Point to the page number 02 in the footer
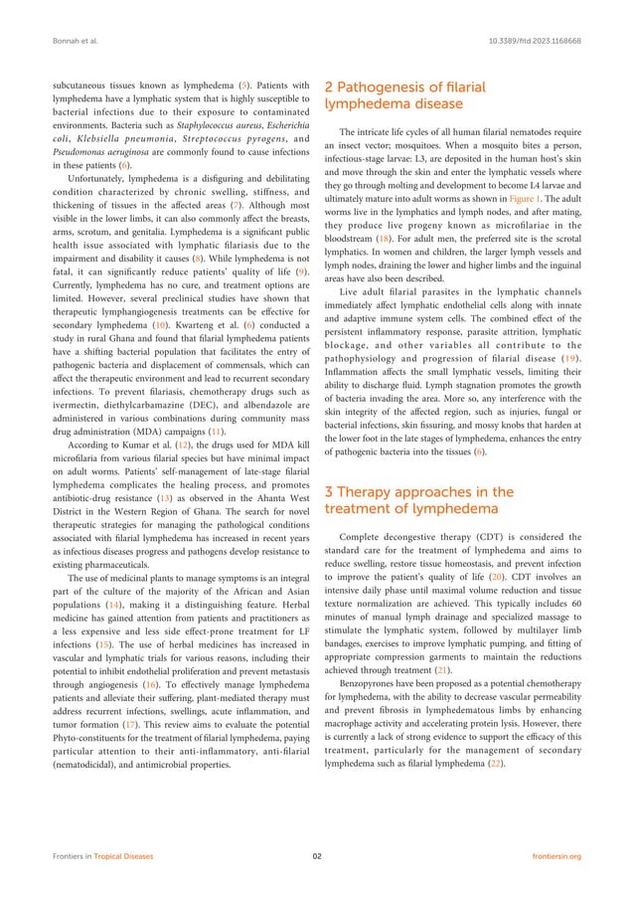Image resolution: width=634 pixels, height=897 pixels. pyautogui.click(x=316, y=855)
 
